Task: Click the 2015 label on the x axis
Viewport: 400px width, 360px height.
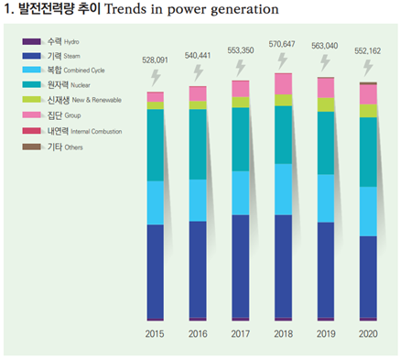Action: (155, 334)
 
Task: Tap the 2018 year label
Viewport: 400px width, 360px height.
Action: (283, 334)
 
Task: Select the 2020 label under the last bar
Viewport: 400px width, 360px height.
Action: (368, 334)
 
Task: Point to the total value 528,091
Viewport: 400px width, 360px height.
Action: (156, 60)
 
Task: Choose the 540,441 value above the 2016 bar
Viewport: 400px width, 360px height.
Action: (198, 54)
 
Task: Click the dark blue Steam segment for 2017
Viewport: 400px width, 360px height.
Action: (241, 266)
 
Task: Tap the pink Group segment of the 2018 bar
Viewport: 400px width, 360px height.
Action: (283, 84)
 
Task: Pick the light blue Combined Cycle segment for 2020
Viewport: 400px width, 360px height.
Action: (368, 211)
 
